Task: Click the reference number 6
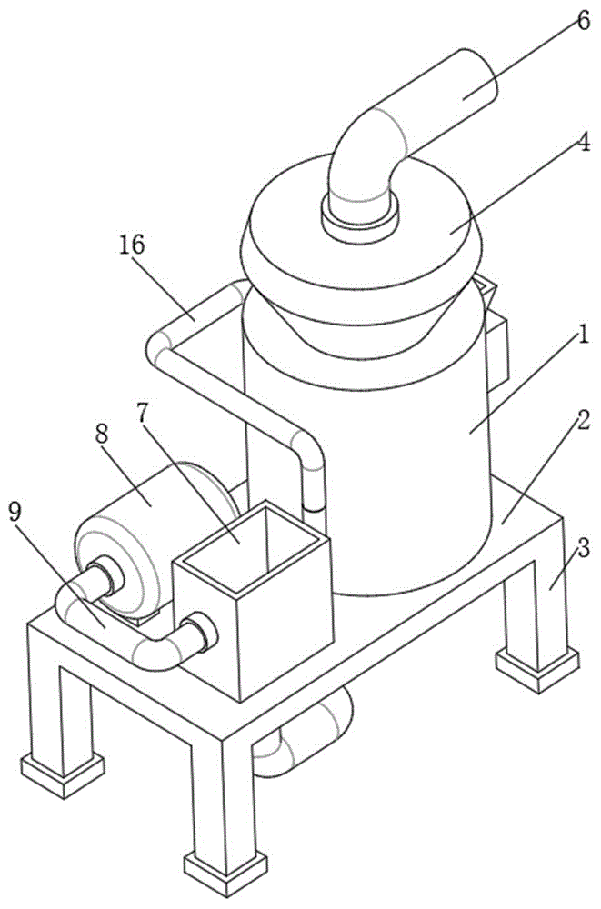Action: [582, 19]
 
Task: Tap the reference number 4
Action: [582, 143]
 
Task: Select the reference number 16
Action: [132, 245]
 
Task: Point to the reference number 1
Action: [584, 335]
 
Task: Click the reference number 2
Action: [583, 419]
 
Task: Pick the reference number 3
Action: [584, 548]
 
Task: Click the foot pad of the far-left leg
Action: [64, 774]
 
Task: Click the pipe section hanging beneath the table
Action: [304, 732]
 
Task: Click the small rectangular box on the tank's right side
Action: [497, 351]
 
